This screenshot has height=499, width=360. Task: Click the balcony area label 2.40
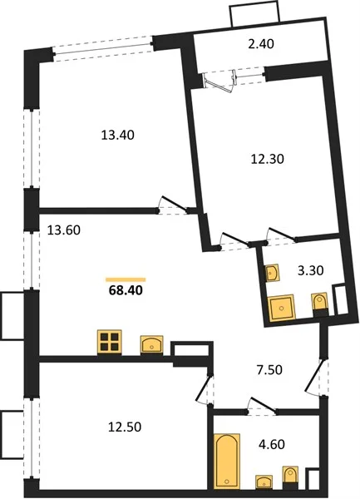coord(261,44)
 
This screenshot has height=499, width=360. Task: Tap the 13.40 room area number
coord(118,136)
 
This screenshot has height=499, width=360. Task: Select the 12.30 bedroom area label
coord(268,159)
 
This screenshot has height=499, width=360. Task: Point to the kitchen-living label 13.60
coord(64,230)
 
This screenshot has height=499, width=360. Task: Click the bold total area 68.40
coord(126,290)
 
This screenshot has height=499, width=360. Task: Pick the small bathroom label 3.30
coord(311,270)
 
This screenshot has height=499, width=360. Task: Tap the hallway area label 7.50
coord(269,370)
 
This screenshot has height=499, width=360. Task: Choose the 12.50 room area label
coord(125,427)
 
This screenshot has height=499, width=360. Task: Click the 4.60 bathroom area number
coord(272,444)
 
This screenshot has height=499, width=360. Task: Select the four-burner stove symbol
coord(110,342)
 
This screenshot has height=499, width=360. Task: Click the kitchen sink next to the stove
coord(151,344)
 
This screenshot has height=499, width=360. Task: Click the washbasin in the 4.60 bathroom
coord(264,482)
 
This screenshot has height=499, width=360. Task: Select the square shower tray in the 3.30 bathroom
coord(282,308)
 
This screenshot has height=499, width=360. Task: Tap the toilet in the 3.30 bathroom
coord(319,304)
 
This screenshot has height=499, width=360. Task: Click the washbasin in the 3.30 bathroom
coord(273,273)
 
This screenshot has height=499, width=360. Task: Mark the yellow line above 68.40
coord(126,279)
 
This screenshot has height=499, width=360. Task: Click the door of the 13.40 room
coord(174,204)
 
